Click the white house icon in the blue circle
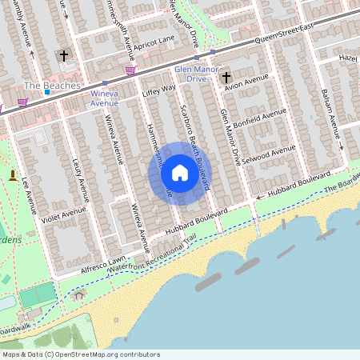pos(180,173)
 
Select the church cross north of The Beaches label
pos(64,56)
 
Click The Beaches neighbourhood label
pos(52,85)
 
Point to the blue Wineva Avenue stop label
pos(104,98)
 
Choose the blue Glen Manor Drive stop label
pos(185,74)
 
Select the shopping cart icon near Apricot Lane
pos(130,70)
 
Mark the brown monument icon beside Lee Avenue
pos(12,175)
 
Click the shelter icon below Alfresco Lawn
pos(78,294)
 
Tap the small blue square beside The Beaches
pos(48,92)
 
